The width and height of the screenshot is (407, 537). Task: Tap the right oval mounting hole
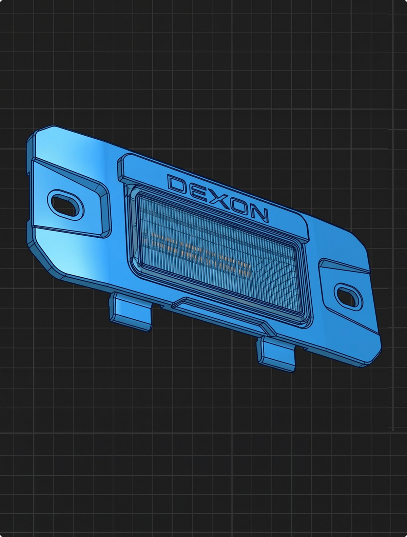[348, 296]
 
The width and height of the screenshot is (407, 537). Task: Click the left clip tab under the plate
[131, 312]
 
